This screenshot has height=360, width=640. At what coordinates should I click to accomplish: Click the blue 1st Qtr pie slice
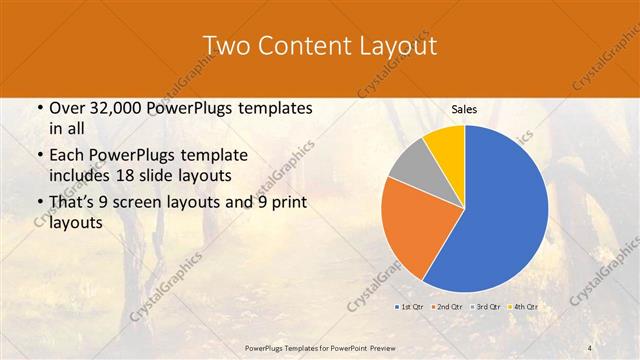[x=500, y=210]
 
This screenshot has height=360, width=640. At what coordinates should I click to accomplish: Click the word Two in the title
[x=228, y=46]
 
